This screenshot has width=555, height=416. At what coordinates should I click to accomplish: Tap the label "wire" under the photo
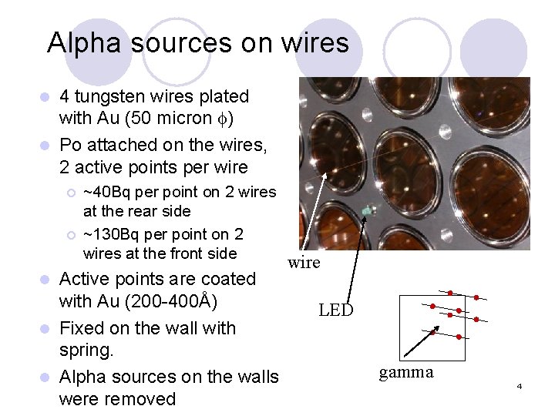pyautogui.click(x=304, y=263)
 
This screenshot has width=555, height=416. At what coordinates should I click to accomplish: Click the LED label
pyautogui.click(x=335, y=310)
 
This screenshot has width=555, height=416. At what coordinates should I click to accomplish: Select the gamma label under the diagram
pyautogui.click(x=406, y=373)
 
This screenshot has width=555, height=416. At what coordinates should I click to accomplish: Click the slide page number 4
pyautogui.click(x=520, y=385)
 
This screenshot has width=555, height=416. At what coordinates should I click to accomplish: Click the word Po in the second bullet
pyautogui.click(x=71, y=145)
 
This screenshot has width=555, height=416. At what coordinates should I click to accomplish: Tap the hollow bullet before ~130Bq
pyautogui.click(x=70, y=235)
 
